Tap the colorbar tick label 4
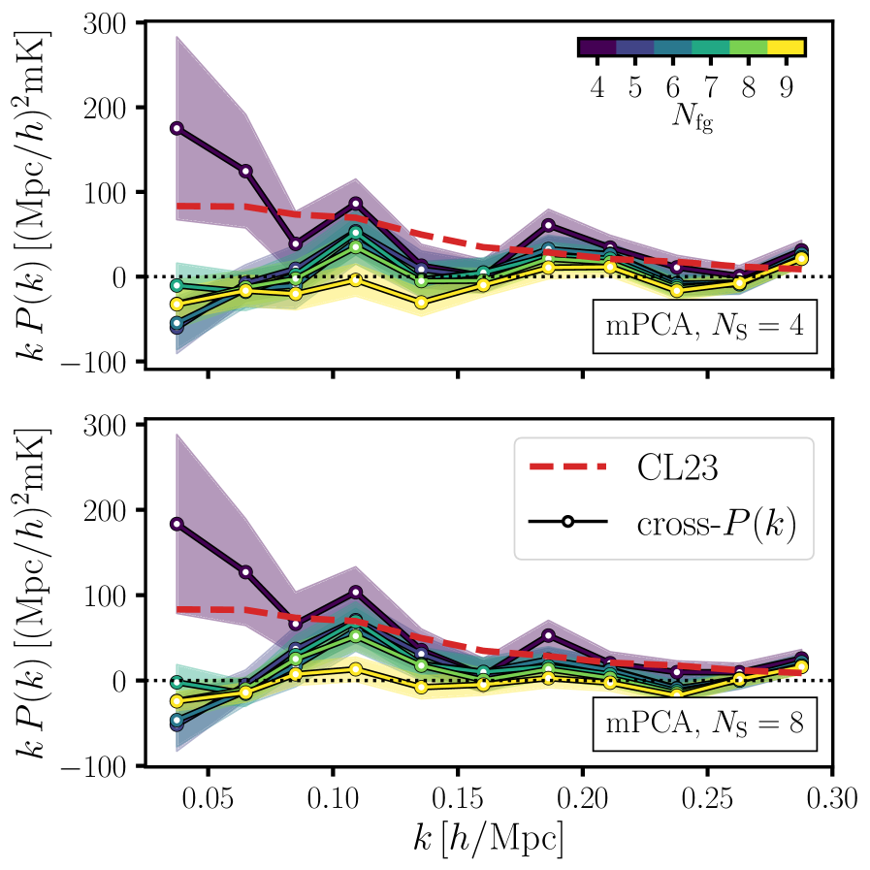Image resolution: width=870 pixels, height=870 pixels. (x=596, y=88)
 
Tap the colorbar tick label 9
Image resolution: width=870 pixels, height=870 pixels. (x=786, y=88)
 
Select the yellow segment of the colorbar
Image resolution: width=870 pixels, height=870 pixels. (x=786, y=47)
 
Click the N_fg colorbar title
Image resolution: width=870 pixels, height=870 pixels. (x=692, y=120)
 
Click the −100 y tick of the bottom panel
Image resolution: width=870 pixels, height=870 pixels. (x=103, y=765)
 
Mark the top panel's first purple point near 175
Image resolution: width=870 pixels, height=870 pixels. (x=177, y=128)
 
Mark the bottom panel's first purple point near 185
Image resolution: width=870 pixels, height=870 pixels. (x=177, y=524)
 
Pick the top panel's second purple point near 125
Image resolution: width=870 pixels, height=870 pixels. (x=245, y=171)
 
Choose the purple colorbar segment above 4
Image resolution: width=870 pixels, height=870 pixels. (x=596, y=47)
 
